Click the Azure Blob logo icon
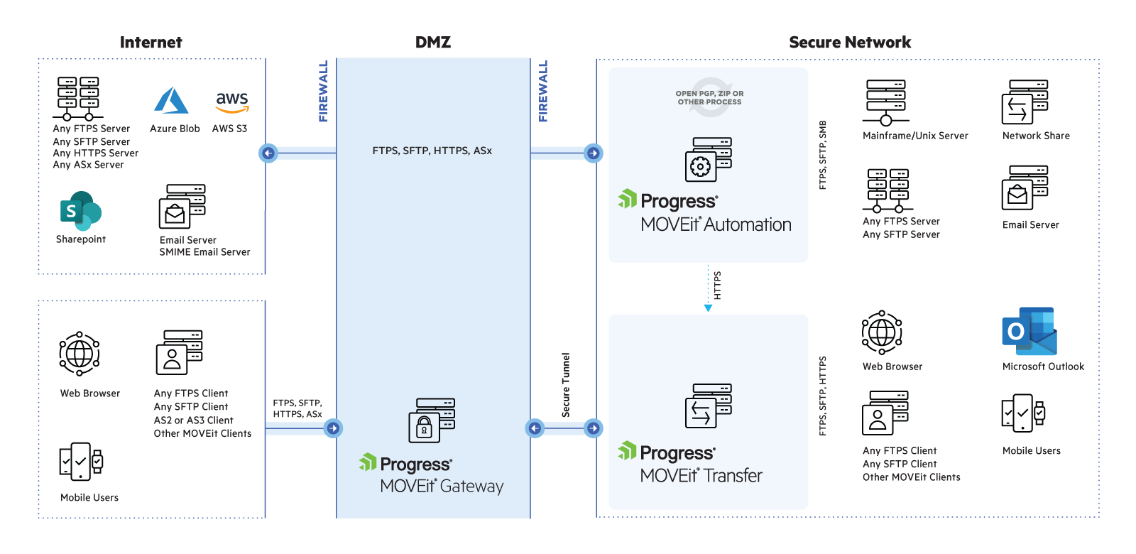click(x=171, y=101)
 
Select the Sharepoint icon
click(x=80, y=211)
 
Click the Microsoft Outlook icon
click(x=1029, y=332)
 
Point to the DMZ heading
click(x=433, y=43)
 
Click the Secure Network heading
click(x=850, y=43)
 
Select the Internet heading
click(x=151, y=43)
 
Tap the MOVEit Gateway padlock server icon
click(x=431, y=420)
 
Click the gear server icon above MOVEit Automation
click(x=708, y=160)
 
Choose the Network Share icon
click(x=1025, y=103)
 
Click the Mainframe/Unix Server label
click(x=915, y=136)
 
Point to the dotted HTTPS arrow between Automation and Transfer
click(x=708, y=288)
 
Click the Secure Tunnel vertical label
click(x=566, y=385)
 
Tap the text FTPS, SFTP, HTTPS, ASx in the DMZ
click(x=432, y=151)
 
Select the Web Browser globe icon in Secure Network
click(x=882, y=332)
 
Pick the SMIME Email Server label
click(x=204, y=252)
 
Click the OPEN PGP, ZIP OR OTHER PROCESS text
click(x=709, y=98)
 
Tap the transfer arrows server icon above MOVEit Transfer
click(x=708, y=406)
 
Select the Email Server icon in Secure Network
click(x=1025, y=188)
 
